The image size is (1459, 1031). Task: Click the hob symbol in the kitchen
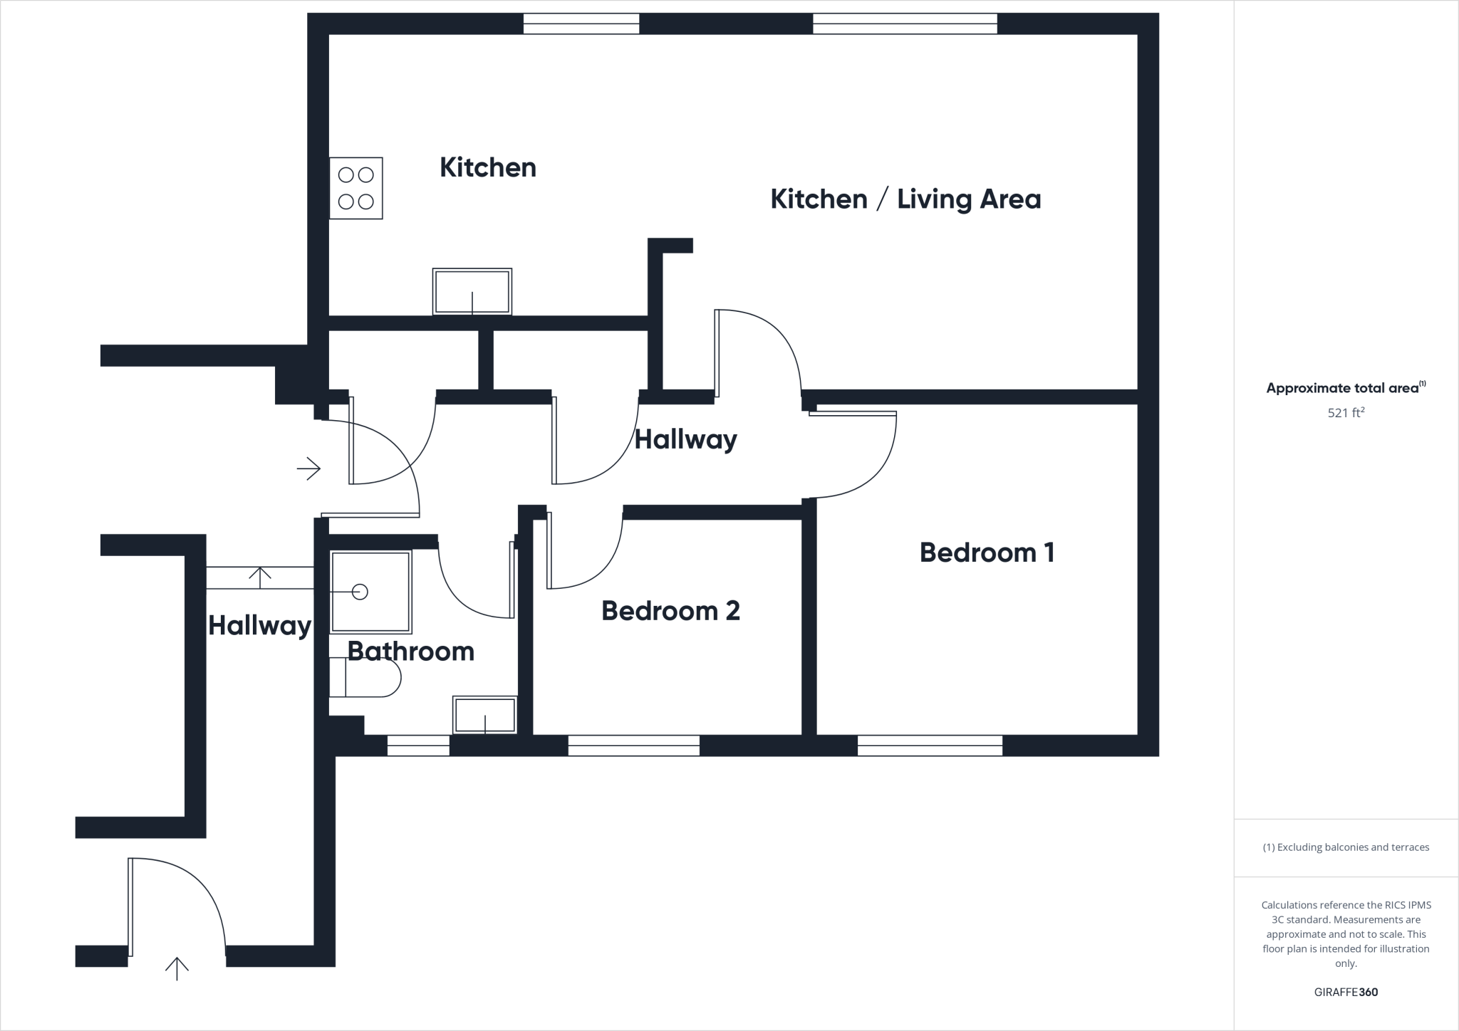point(355,188)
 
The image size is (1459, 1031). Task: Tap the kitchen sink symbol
point(472,291)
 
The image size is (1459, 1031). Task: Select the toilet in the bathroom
point(365,677)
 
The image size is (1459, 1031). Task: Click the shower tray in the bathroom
point(370,592)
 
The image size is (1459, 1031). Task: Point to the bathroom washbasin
point(484,715)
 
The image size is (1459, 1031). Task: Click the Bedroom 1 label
point(987,553)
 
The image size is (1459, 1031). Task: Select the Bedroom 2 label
point(670,611)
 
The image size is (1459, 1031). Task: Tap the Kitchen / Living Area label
point(905,199)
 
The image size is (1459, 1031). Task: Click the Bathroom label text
point(411,651)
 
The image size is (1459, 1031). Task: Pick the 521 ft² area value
point(1346,412)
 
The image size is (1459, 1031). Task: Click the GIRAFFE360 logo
point(1346,992)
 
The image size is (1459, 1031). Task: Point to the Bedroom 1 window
point(930,745)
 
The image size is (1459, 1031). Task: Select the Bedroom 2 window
point(633,745)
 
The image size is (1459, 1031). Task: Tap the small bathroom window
point(418,745)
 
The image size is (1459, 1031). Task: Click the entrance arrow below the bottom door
point(177,968)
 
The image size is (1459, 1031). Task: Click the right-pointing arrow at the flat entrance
point(308,469)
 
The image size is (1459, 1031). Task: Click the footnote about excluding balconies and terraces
point(1346,847)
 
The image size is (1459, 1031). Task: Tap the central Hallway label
point(685,440)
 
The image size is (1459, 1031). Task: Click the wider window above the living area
point(905,23)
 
